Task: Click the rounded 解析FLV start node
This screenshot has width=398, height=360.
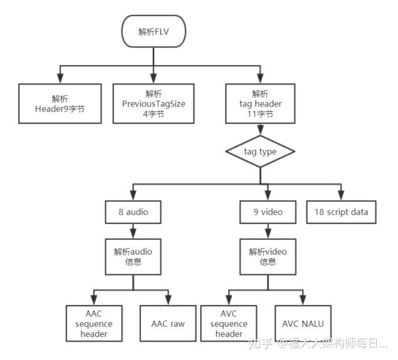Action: point(154,31)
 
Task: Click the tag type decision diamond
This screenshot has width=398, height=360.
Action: point(259,152)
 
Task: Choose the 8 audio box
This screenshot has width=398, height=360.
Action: point(134,212)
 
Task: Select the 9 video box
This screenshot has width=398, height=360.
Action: point(268,212)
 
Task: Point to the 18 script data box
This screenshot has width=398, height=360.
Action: point(342,212)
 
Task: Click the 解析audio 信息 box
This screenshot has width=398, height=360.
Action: point(134,256)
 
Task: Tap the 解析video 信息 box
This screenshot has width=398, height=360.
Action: point(268,256)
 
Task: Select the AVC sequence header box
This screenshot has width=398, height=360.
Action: point(229,324)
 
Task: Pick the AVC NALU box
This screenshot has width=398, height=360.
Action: point(303,324)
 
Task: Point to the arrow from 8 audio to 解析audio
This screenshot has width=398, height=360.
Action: point(134,230)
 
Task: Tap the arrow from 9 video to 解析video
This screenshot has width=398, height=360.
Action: point(268,230)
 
